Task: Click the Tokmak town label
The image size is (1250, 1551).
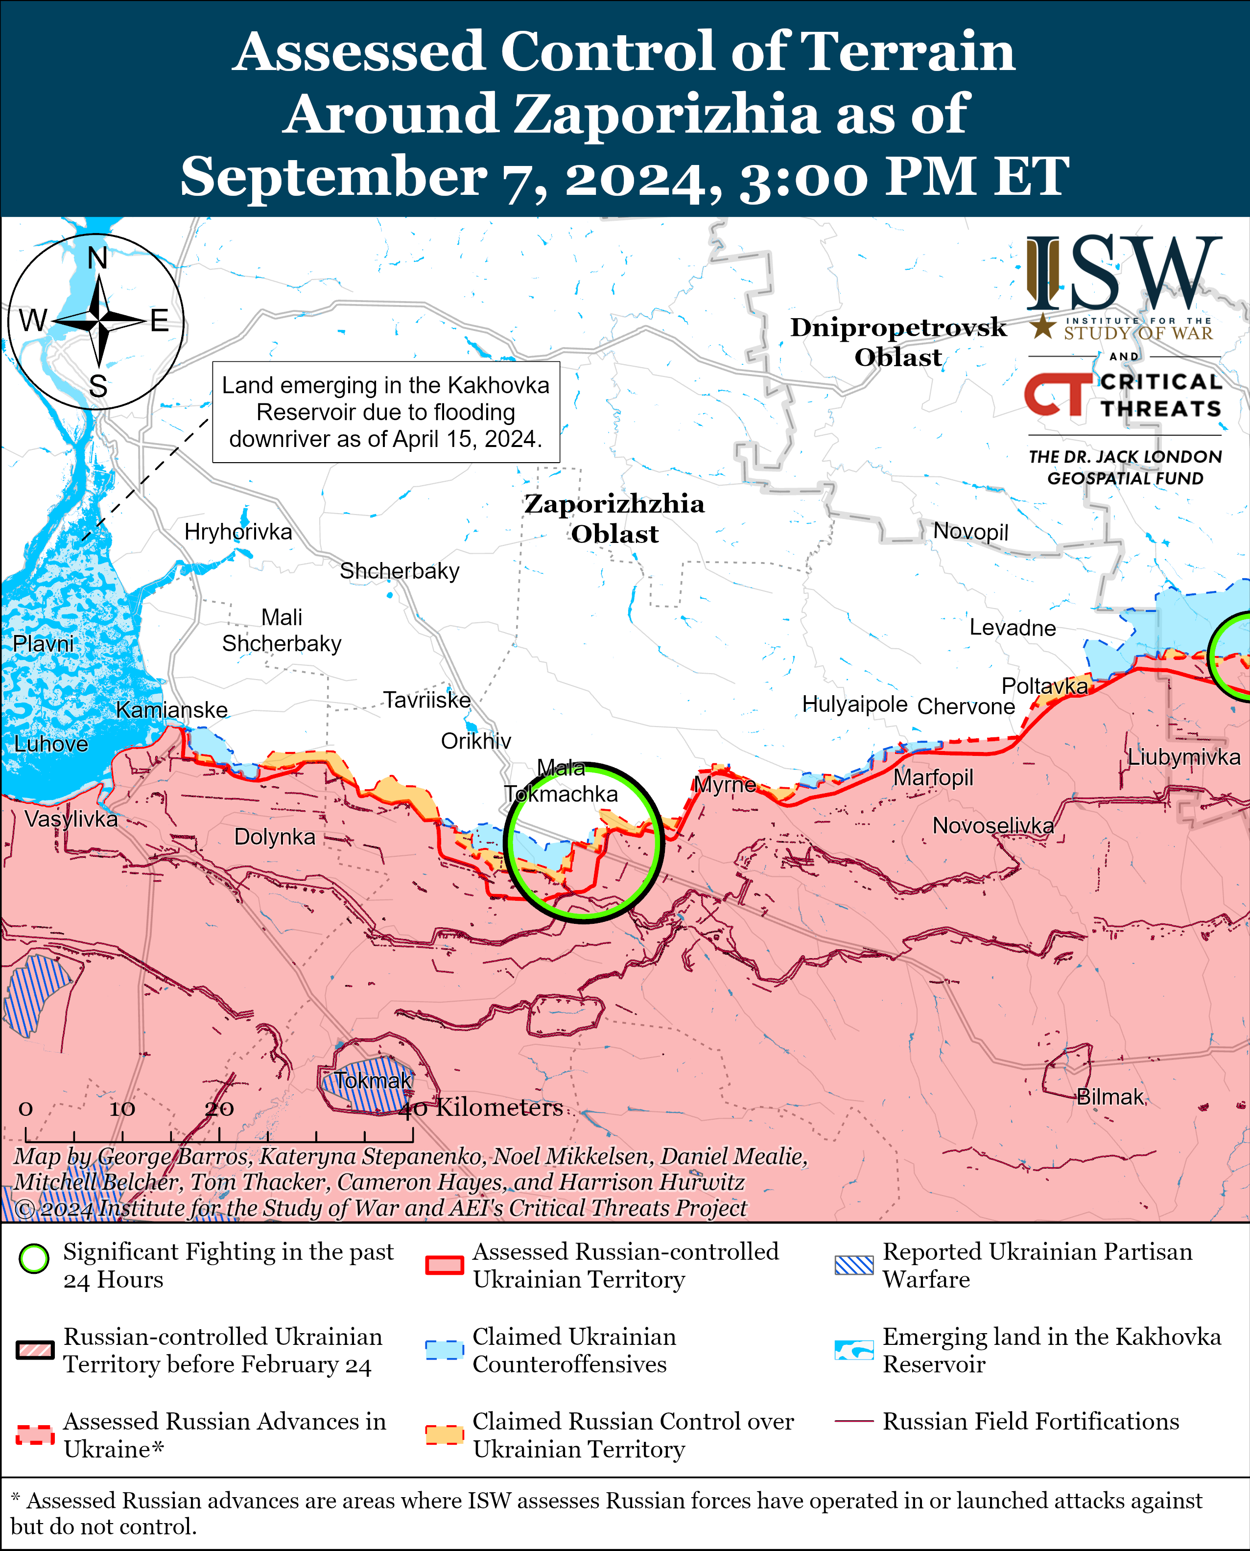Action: [372, 1080]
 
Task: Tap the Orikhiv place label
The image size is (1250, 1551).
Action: [476, 741]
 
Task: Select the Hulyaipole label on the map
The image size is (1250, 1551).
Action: [855, 704]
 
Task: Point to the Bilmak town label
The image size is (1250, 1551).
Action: [1109, 1097]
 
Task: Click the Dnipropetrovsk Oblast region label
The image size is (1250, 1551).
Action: [898, 342]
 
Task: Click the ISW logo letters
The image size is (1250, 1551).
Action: [1123, 274]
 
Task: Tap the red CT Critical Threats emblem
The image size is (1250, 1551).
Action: [1056, 395]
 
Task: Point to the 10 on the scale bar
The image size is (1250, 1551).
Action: [122, 1109]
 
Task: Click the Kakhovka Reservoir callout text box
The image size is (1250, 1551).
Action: [386, 412]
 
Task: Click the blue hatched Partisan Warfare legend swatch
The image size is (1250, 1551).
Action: [853, 1265]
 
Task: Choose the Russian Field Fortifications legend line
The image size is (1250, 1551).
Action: [853, 1421]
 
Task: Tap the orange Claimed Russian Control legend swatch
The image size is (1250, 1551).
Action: [444, 1434]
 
